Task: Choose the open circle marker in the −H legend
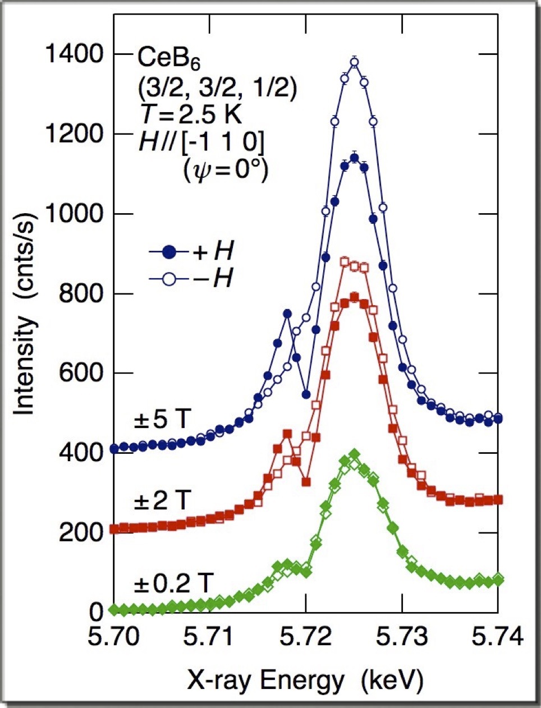(x=169, y=278)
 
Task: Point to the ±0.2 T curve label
(x=172, y=584)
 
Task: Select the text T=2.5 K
(x=191, y=116)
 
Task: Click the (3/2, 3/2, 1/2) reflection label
(x=217, y=88)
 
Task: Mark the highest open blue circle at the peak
(x=354, y=62)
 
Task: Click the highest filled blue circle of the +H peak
(x=354, y=158)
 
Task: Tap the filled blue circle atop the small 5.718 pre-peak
(x=287, y=314)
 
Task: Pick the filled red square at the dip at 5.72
(x=306, y=482)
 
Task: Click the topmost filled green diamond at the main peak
(x=354, y=454)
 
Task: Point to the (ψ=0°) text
(x=226, y=169)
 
